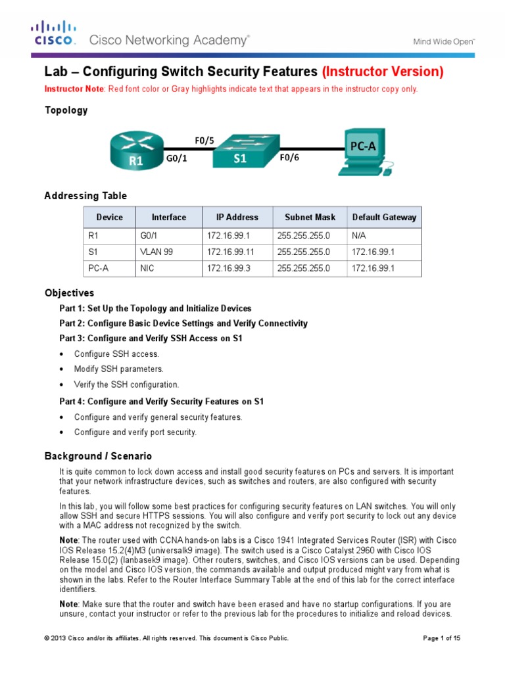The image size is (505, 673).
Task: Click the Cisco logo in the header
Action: (x=55, y=34)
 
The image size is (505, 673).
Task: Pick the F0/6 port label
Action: (x=289, y=158)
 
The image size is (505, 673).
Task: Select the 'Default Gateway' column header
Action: (x=384, y=218)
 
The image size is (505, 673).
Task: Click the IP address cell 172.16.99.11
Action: (x=229, y=251)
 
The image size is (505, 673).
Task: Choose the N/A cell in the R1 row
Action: (x=359, y=234)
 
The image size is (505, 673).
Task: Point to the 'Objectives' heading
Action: (x=69, y=293)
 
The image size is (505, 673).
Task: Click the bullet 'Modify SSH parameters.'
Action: (x=118, y=369)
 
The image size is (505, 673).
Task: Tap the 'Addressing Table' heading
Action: (x=85, y=196)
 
